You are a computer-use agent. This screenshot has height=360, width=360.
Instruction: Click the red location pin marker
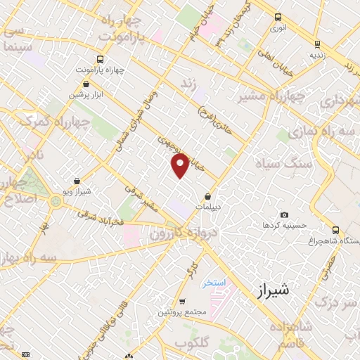180,165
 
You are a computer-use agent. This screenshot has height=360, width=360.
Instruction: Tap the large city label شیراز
269,289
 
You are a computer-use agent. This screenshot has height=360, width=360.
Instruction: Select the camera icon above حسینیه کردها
284,215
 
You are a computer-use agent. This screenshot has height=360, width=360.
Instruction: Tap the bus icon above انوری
278,18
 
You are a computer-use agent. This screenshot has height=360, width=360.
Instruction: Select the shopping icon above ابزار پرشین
74,84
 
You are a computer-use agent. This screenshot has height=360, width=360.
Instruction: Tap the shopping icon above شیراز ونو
77,181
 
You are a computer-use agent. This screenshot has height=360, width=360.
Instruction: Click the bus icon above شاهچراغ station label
335,230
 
